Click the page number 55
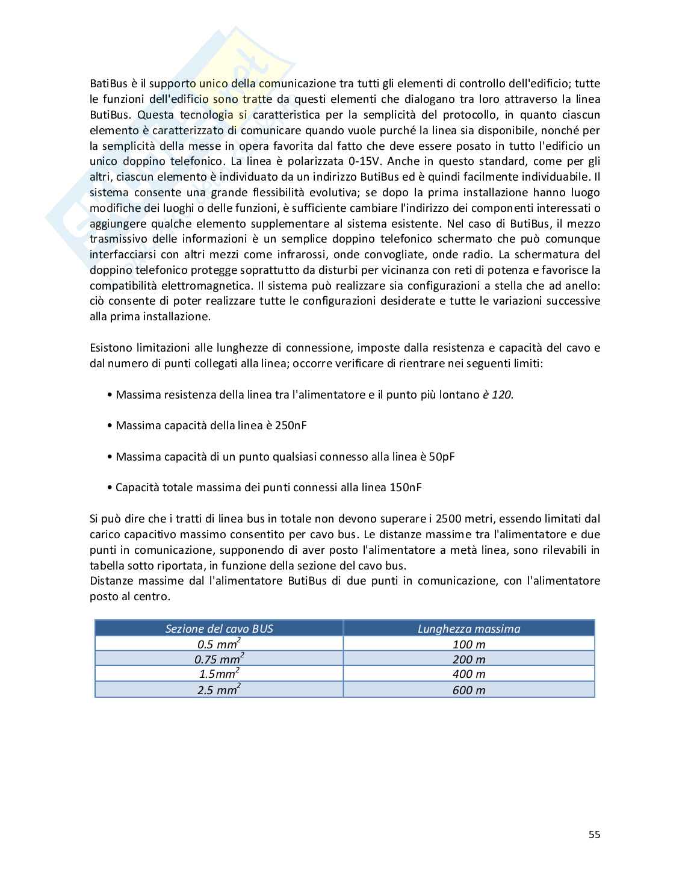coord(594,834)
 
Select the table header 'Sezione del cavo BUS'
coord(219,629)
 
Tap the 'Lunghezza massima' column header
coord(469,629)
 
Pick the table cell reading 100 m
coord(469,644)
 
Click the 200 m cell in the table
coord(469,659)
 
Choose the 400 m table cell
coord(469,674)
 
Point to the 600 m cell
coord(469,690)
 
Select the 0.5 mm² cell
coord(219,644)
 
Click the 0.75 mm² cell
coord(219,659)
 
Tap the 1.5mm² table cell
coord(219,674)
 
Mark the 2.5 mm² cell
coord(219,690)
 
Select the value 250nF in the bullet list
coord(291,425)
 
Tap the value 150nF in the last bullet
coord(405,487)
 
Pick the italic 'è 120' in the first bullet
coord(498,394)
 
